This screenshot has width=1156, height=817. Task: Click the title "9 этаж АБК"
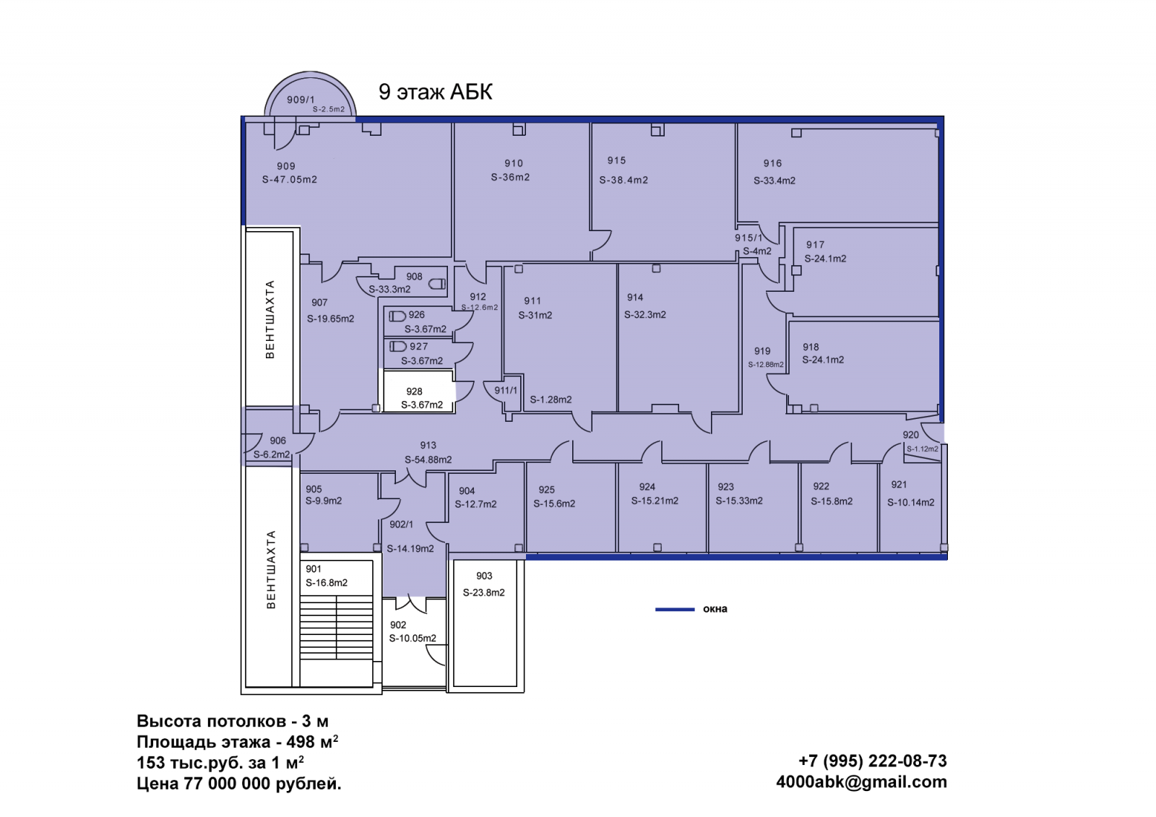[x=436, y=92]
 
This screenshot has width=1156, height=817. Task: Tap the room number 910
[x=514, y=163]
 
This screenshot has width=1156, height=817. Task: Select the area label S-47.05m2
[x=290, y=180]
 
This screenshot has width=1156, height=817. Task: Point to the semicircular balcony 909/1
[x=310, y=95]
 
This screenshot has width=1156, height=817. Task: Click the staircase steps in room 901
[x=337, y=626]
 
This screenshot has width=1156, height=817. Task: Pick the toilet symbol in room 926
[x=397, y=316]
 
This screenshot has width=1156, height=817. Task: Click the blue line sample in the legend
[x=675, y=610]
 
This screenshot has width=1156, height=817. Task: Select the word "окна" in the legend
[x=715, y=609]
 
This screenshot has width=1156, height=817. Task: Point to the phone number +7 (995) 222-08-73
[x=872, y=761]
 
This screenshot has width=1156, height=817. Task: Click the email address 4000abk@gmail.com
[x=861, y=782]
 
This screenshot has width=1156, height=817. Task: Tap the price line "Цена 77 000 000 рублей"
[x=239, y=784]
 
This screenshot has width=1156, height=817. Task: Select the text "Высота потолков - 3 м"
[x=232, y=721]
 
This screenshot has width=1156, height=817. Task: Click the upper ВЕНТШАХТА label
[x=270, y=319]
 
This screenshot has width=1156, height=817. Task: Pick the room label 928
[x=414, y=392]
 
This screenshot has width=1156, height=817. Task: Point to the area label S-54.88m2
[x=428, y=459]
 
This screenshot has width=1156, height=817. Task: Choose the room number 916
[x=772, y=163]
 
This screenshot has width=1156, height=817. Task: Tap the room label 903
[x=484, y=576]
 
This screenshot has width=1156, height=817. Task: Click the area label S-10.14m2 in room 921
[x=910, y=502]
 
